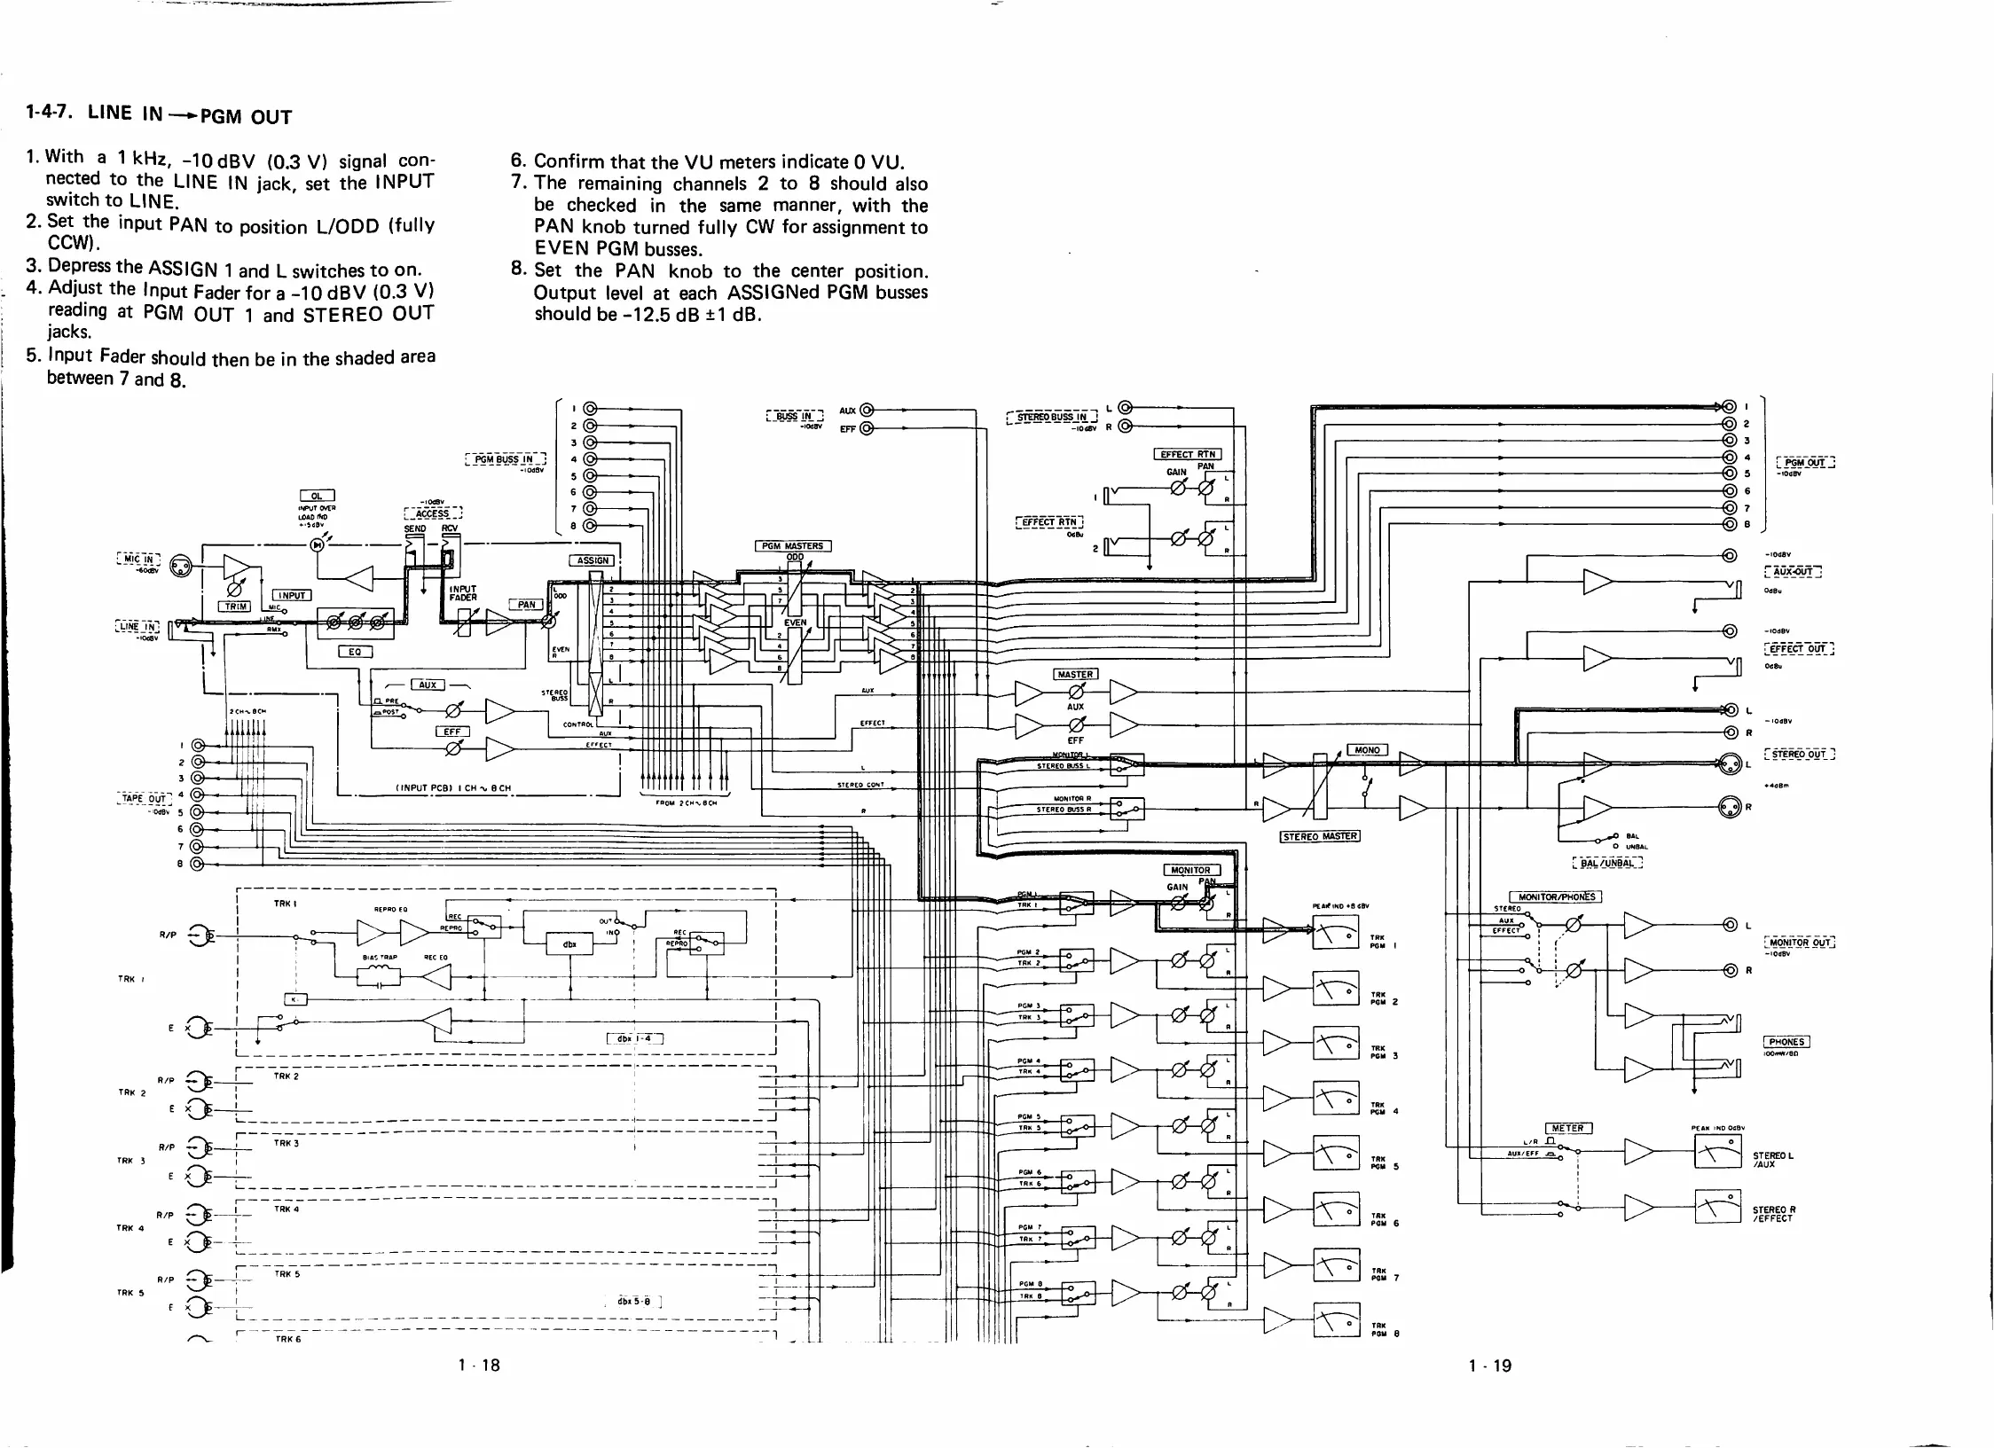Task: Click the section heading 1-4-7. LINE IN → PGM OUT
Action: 159,115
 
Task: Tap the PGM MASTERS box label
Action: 792,546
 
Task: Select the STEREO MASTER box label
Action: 1320,835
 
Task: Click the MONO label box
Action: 1367,749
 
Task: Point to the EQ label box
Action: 355,652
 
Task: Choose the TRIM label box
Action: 235,607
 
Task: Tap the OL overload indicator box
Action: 317,496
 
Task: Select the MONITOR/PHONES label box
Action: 1556,896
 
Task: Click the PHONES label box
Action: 1786,1042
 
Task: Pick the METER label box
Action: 1567,1128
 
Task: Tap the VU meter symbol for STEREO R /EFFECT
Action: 1717,1206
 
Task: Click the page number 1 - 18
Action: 479,1366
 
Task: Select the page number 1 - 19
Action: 1489,1366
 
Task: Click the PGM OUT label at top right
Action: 1805,462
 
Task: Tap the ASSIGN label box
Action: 593,560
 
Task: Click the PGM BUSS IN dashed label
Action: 505,459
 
